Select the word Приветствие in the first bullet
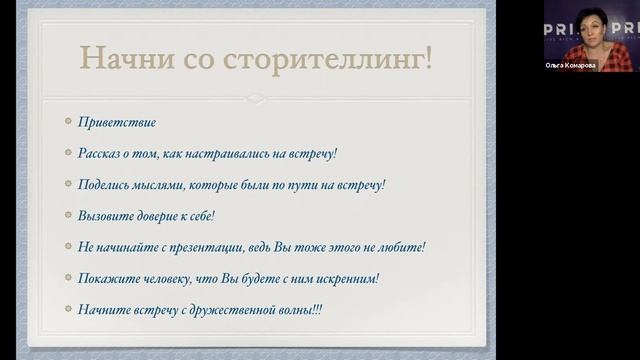[117, 122]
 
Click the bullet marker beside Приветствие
[67, 122]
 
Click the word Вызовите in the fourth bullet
[105, 215]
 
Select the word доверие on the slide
[160, 215]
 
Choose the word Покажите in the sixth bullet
[107, 278]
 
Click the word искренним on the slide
[343, 278]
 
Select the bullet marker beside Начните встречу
[67, 309]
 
